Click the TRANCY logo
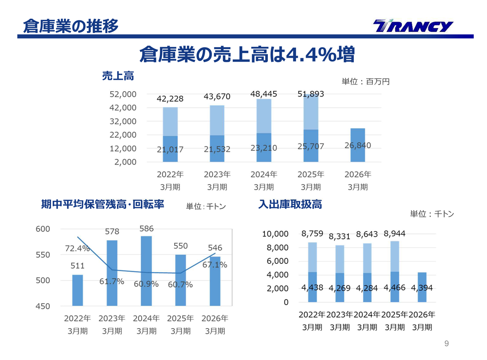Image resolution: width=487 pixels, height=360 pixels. tap(413, 26)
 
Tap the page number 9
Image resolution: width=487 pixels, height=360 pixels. tap(447, 344)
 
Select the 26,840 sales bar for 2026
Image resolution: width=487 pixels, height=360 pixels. tap(357, 145)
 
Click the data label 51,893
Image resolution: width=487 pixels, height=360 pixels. tap(310, 94)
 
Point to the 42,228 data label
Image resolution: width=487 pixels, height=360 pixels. tap(170, 99)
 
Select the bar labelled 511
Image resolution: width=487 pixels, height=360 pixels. tap(78, 290)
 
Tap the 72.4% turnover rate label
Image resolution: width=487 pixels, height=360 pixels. tap(77, 249)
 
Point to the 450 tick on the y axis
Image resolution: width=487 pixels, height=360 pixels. tap(43, 306)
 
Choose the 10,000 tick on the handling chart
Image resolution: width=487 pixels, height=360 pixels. tap(275, 234)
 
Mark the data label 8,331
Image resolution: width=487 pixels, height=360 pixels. tap(339, 237)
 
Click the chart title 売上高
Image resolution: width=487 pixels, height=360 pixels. tap(118, 76)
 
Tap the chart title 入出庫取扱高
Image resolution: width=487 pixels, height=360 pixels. tap(290, 205)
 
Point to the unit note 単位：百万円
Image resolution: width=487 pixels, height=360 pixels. tap(365, 81)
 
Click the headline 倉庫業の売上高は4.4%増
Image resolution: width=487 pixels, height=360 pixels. tap(247, 55)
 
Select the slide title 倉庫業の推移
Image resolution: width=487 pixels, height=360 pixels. tap(70, 26)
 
